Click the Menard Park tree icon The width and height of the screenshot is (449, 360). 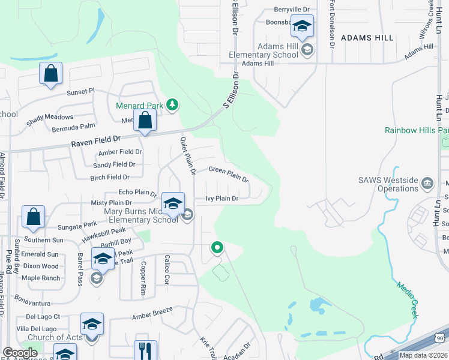(x=172, y=106)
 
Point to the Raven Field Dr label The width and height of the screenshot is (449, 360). (x=97, y=143)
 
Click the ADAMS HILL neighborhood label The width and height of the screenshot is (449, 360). (x=367, y=37)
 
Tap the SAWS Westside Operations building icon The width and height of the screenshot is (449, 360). (x=427, y=183)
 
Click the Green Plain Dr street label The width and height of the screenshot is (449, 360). (x=228, y=174)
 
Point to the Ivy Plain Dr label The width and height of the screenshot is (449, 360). (x=222, y=198)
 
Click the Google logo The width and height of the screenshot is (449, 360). (x=20, y=353)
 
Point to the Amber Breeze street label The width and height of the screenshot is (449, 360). (x=152, y=313)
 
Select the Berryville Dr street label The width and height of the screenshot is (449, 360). (x=291, y=10)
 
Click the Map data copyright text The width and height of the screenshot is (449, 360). (x=424, y=355)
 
